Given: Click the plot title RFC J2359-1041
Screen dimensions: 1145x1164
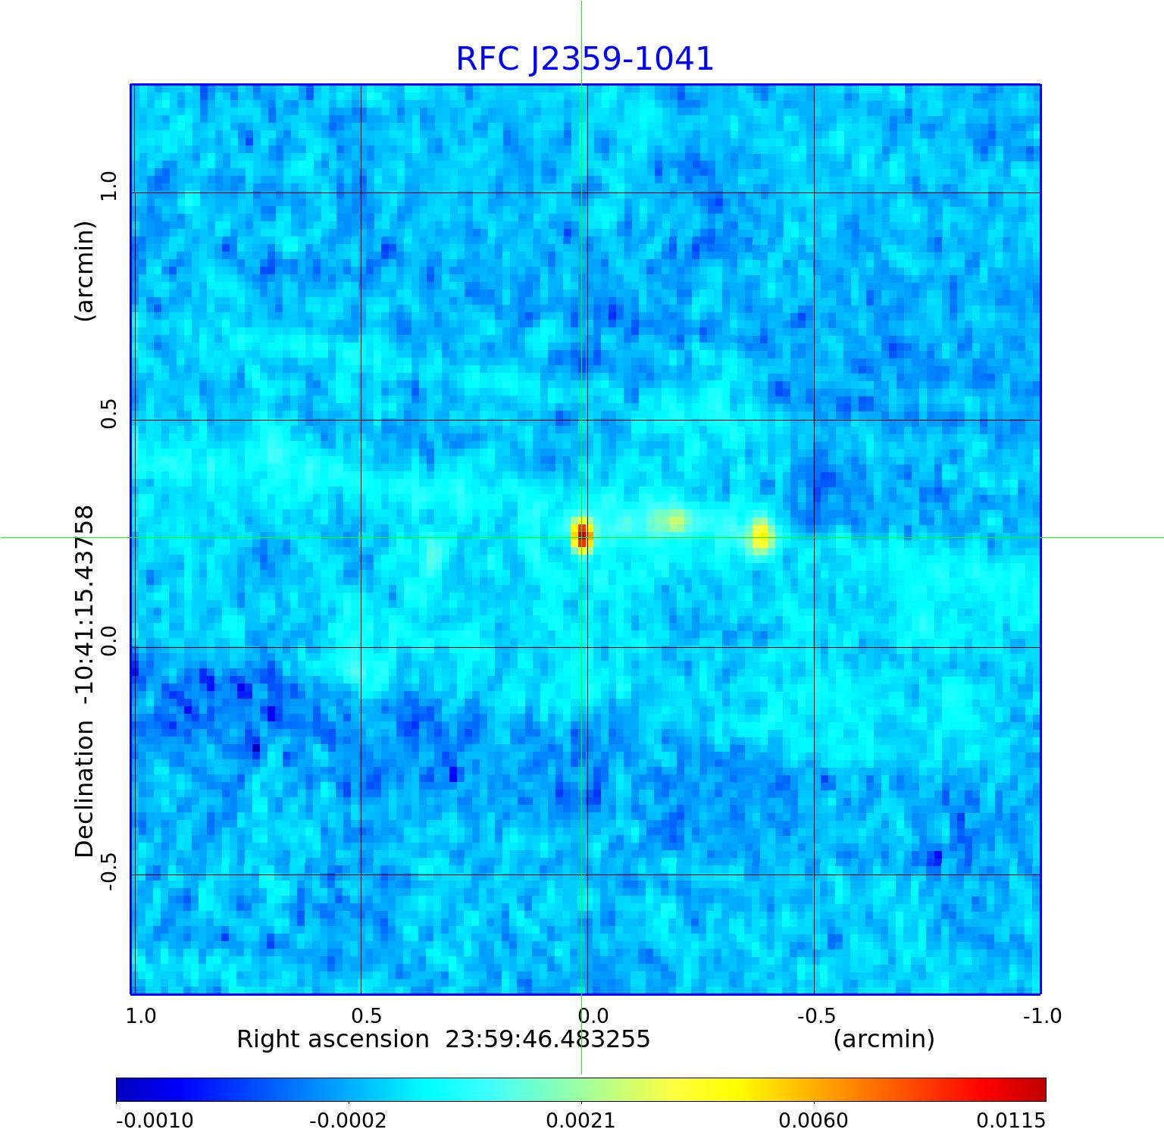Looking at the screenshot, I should (584, 59).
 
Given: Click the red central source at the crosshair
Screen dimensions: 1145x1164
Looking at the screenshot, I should (581, 536).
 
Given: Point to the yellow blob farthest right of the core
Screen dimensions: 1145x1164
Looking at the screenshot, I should (761, 536).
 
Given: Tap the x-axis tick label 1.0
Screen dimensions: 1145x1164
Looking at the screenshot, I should (141, 1015).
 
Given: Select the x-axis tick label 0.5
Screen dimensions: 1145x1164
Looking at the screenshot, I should (366, 1015).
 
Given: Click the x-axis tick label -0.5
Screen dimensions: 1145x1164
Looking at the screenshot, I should (817, 1015).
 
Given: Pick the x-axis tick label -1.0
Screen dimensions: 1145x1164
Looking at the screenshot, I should (1042, 1015).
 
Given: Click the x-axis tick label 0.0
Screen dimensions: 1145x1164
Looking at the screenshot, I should (593, 1015).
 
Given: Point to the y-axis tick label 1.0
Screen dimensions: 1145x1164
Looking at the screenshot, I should (110, 186).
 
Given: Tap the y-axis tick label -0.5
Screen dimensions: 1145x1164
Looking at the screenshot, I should (110, 871).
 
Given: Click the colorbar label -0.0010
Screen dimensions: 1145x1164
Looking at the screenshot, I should (155, 1120).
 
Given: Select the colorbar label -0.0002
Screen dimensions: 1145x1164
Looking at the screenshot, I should (348, 1120).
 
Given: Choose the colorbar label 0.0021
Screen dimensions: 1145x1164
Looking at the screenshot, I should (580, 1120).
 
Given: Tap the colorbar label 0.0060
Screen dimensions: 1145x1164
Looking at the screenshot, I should (813, 1120).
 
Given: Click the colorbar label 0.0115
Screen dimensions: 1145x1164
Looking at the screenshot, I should (1010, 1120).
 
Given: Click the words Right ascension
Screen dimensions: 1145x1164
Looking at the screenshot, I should (333, 1039).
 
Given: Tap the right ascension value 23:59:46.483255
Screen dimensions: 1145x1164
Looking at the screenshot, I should (547, 1039).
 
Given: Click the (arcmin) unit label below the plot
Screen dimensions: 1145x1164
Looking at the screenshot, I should (884, 1039).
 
